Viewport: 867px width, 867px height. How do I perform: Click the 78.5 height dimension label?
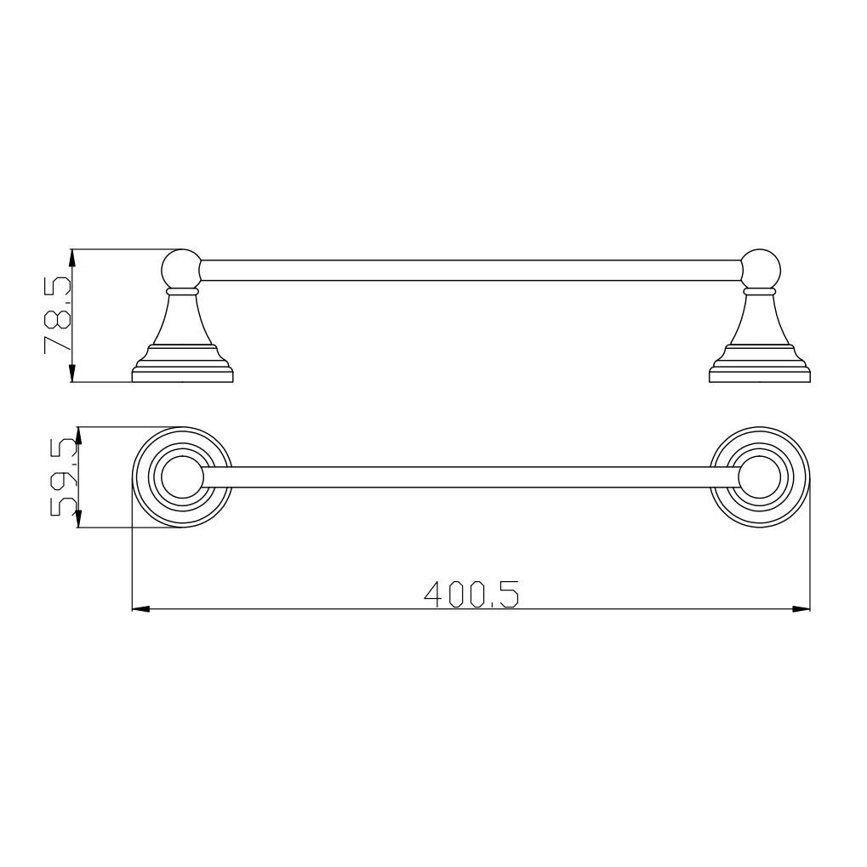click(58, 314)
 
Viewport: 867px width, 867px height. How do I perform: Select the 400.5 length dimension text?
click(471, 594)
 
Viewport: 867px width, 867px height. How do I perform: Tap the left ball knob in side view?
click(181, 269)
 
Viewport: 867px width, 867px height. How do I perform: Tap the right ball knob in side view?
click(761, 269)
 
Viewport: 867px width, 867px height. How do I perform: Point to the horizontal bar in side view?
click(471, 270)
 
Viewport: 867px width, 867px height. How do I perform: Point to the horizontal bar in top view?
click(471, 477)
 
